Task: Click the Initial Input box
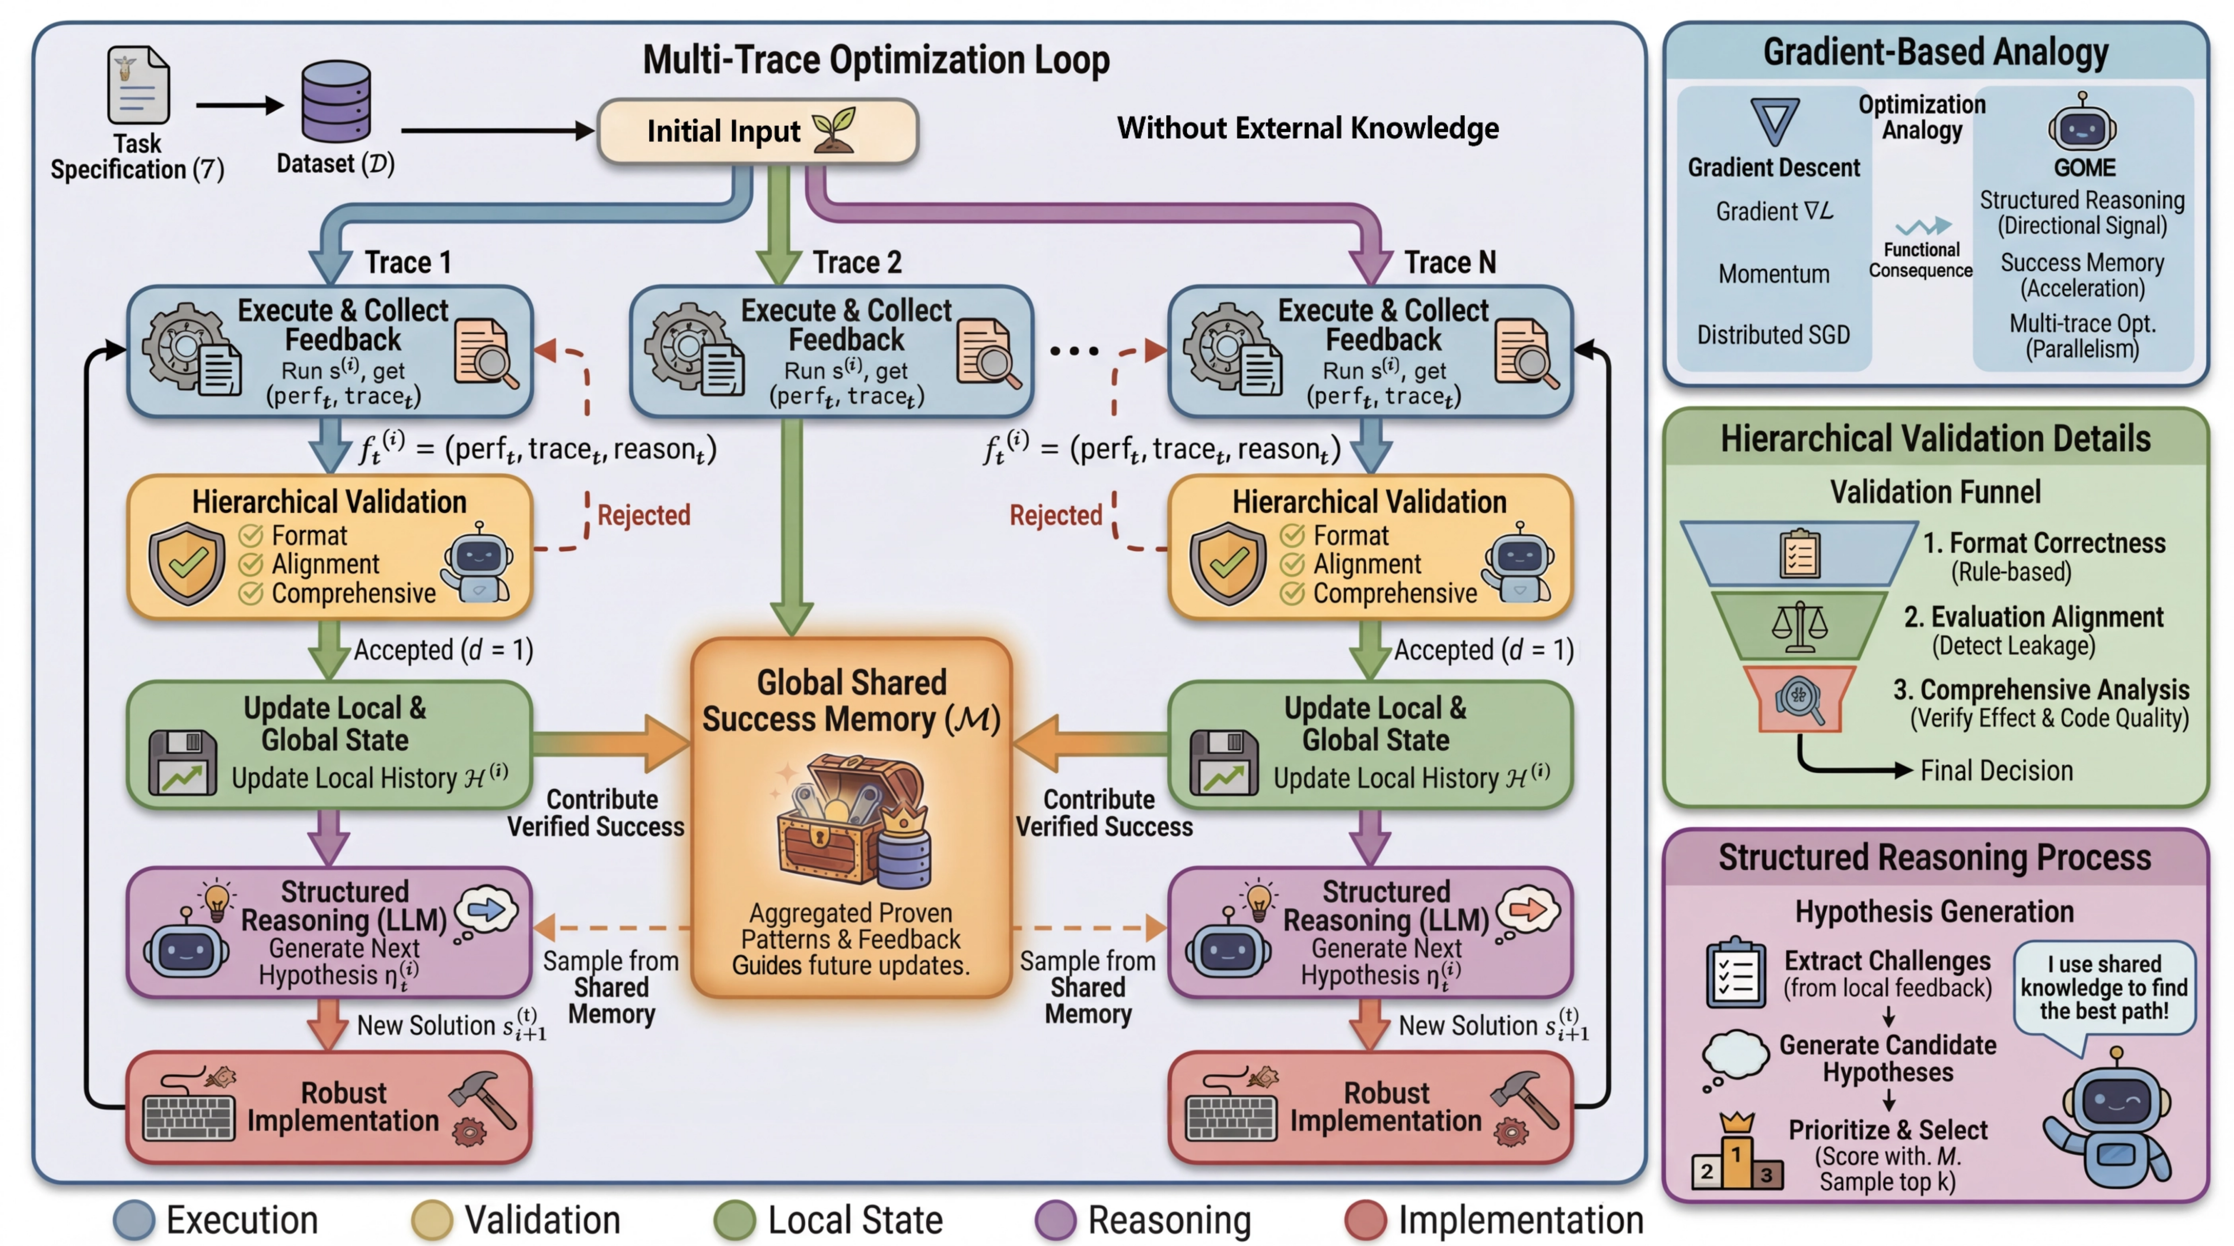coord(757,131)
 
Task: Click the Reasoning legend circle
coord(1055,1220)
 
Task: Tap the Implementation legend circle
coord(1366,1220)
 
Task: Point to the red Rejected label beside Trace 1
coord(643,515)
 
